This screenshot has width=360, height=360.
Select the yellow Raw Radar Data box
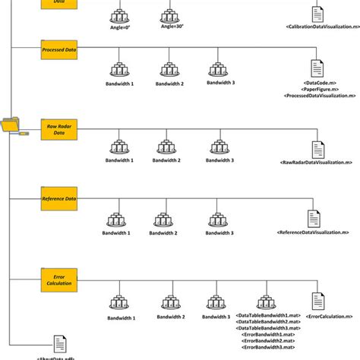tap(60, 128)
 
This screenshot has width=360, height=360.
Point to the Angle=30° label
tap(171, 27)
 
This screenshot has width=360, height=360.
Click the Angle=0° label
tap(120, 27)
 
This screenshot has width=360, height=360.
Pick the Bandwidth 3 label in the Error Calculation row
tap(217, 317)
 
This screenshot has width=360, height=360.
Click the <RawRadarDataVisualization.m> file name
tap(316, 162)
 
